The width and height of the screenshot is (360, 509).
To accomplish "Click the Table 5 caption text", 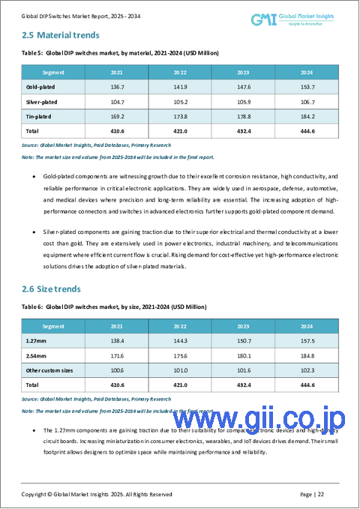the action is tap(113, 53).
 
